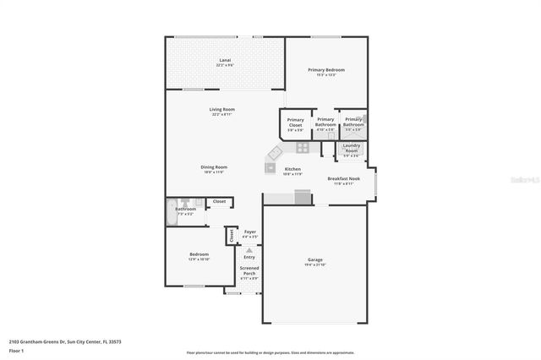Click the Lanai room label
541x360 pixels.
point(225,60)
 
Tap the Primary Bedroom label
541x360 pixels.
point(326,70)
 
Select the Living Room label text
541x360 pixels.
point(222,110)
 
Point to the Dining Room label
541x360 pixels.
point(214,166)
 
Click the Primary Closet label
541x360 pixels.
point(295,123)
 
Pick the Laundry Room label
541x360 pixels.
point(352,148)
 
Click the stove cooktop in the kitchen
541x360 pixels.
point(303,146)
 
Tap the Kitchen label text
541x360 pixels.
point(292,169)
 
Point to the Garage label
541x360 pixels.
point(314,259)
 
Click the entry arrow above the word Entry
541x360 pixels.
point(249,250)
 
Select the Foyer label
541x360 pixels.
point(249,232)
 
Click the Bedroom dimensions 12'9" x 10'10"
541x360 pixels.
point(199,259)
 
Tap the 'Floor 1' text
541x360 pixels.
point(17,350)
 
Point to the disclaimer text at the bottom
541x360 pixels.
point(270,352)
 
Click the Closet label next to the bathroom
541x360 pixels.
point(219,201)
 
